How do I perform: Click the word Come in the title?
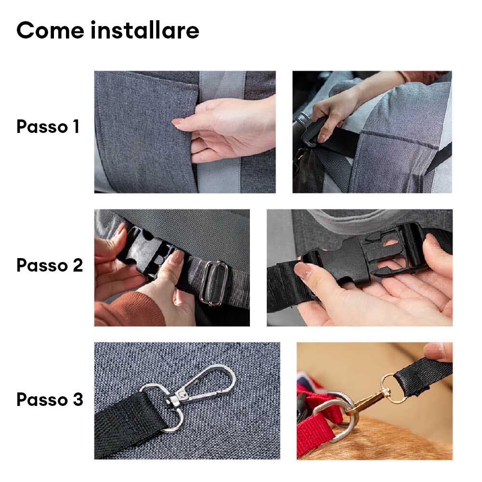(51, 30)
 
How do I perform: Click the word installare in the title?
(145, 30)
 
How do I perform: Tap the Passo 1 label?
(48, 126)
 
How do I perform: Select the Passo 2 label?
(50, 265)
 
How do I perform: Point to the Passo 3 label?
(50, 399)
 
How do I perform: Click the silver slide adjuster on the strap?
(214, 283)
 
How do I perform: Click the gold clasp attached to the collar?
(370, 399)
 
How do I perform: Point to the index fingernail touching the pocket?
(177, 122)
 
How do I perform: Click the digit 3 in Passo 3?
(78, 399)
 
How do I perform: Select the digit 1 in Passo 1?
(76, 126)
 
